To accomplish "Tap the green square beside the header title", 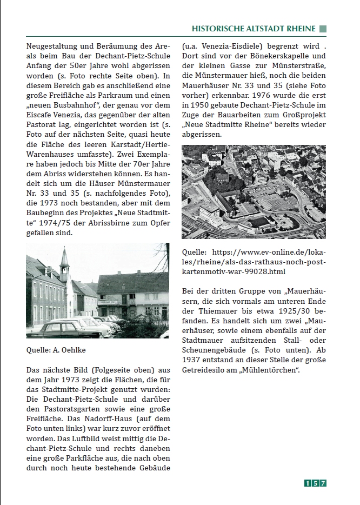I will (x=323, y=29).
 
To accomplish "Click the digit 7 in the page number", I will (x=323, y=483).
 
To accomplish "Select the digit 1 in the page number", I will (x=308, y=483).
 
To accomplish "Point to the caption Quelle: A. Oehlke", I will (x=56, y=350).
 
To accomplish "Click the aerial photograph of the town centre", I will (x=254, y=192).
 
